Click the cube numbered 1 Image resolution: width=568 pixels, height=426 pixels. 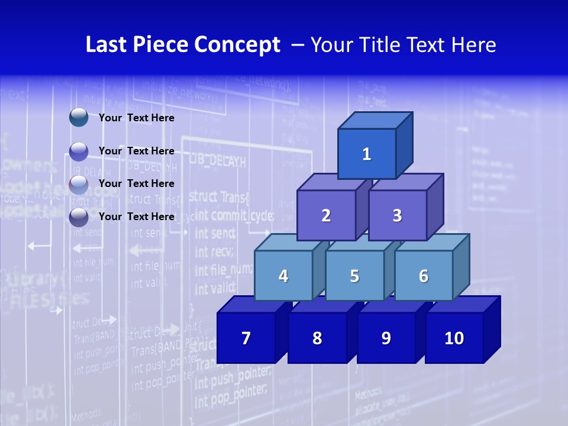[367, 154]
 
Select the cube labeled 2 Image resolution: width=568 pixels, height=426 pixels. [326, 215]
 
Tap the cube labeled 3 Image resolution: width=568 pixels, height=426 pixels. [397, 215]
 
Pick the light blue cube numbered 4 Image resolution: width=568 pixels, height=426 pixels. [283, 276]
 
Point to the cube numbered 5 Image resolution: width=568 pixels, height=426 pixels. [354, 276]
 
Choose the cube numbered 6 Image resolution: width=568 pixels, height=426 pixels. [424, 276]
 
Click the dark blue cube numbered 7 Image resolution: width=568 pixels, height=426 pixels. [246, 338]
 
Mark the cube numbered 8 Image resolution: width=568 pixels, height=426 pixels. [317, 338]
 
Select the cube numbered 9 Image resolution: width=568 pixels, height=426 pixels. [386, 338]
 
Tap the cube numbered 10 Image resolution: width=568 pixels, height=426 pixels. [454, 338]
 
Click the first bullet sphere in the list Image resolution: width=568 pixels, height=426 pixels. [79, 117]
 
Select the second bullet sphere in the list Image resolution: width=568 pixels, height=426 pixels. [79, 151]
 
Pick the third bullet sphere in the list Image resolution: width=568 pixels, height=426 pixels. [79, 184]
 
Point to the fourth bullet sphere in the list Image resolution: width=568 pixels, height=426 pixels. [79, 217]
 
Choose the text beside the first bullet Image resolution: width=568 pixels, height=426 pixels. [137, 118]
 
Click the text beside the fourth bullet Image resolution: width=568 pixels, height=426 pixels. [137, 217]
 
